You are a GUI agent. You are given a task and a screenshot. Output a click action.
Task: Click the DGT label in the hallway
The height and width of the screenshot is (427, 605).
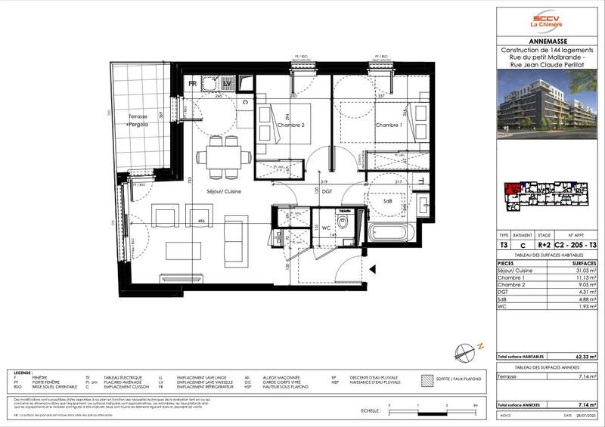[327, 192]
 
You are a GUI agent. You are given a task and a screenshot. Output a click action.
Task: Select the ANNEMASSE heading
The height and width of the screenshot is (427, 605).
[550, 42]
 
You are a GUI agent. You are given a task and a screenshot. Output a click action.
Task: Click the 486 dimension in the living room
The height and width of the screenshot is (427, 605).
[202, 221]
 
